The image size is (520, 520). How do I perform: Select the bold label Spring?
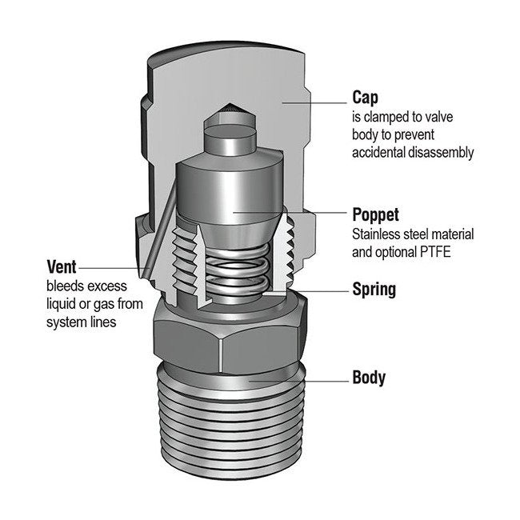374,289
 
